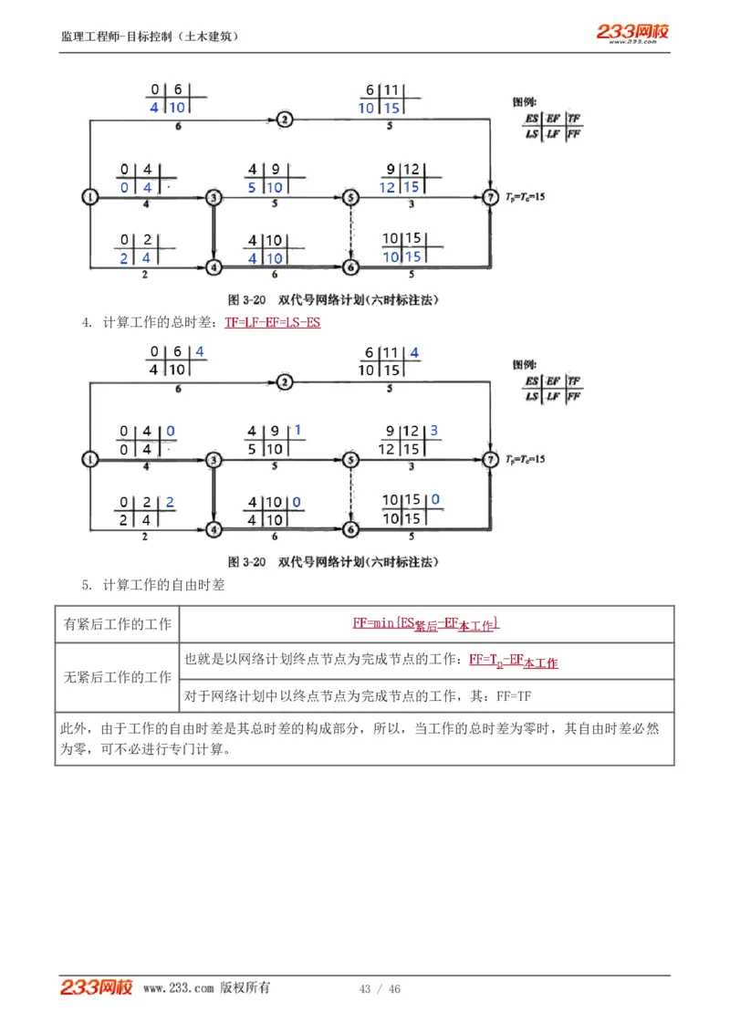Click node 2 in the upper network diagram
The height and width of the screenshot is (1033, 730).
click(285, 120)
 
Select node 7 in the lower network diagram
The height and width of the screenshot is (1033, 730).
click(491, 459)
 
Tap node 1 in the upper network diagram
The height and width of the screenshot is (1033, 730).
click(89, 196)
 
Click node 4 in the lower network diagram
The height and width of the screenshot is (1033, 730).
click(214, 529)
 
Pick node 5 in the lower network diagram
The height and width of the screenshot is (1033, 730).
click(350, 459)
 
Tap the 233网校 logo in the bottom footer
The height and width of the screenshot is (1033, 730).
click(97, 987)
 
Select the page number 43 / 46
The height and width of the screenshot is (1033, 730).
click(380, 989)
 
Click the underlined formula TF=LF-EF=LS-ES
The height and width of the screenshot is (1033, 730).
click(273, 322)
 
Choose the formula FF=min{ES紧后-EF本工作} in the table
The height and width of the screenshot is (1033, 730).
click(426, 624)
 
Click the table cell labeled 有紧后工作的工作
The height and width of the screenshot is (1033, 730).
click(117, 624)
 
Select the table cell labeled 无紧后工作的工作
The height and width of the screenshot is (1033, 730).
click(117, 677)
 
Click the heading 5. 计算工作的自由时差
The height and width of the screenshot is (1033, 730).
click(153, 585)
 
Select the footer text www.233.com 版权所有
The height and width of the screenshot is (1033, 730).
click(206, 988)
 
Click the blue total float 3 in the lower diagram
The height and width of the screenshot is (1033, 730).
click(434, 431)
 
